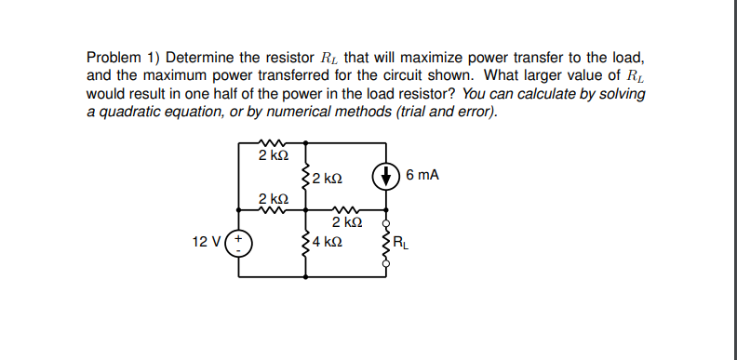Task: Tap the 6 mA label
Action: point(422,174)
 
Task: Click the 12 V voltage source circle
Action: point(240,243)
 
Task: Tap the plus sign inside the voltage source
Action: point(240,237)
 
